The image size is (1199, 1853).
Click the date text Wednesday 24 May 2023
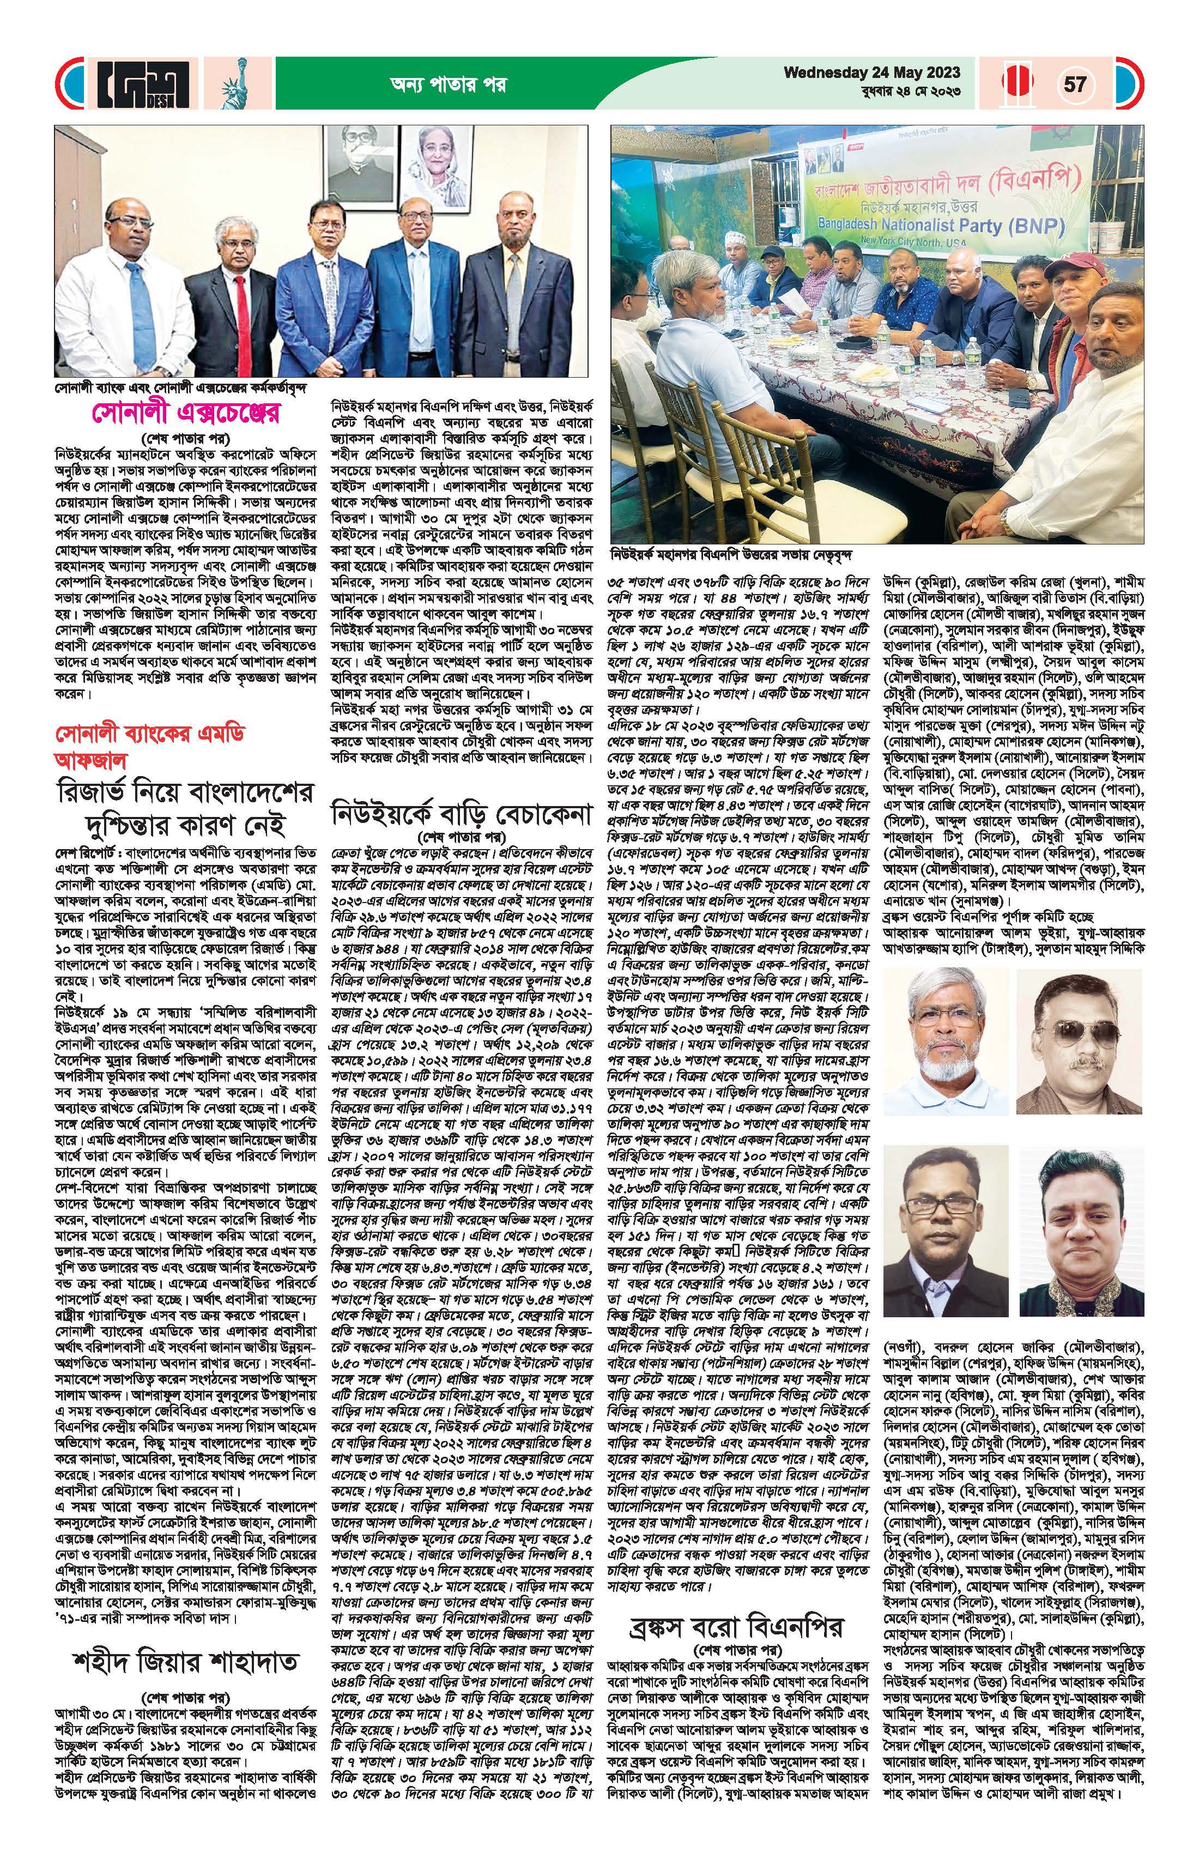(x=872, y=73)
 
